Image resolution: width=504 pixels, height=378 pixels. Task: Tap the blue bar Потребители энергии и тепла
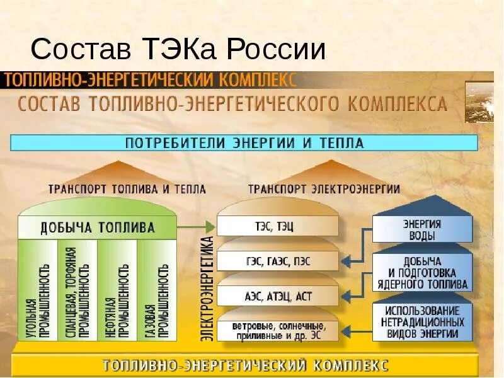[244, 142]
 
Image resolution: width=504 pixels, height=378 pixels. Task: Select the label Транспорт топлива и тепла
[127, 189]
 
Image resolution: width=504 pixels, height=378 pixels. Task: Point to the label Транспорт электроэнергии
[324, 189]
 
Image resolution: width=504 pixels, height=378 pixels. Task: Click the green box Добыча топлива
[98, 227]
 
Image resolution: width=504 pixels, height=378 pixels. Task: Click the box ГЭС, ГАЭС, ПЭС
[278, 260]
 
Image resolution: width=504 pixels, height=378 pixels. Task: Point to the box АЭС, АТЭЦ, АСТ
[278, 294]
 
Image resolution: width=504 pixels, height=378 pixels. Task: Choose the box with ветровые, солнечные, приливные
[278, 330]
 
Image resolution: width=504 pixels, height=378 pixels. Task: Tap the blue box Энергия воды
[422, 229]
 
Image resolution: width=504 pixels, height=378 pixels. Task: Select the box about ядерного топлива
[422, 273]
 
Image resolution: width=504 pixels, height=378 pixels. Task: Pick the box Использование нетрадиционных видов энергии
[422, 322]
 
